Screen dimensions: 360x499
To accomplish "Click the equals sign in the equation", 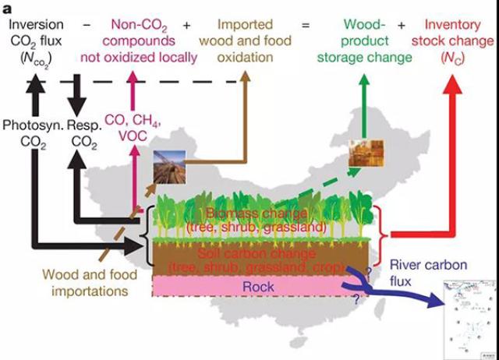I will coord(305,25).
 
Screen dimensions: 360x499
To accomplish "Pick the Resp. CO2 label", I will coord(87,133).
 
